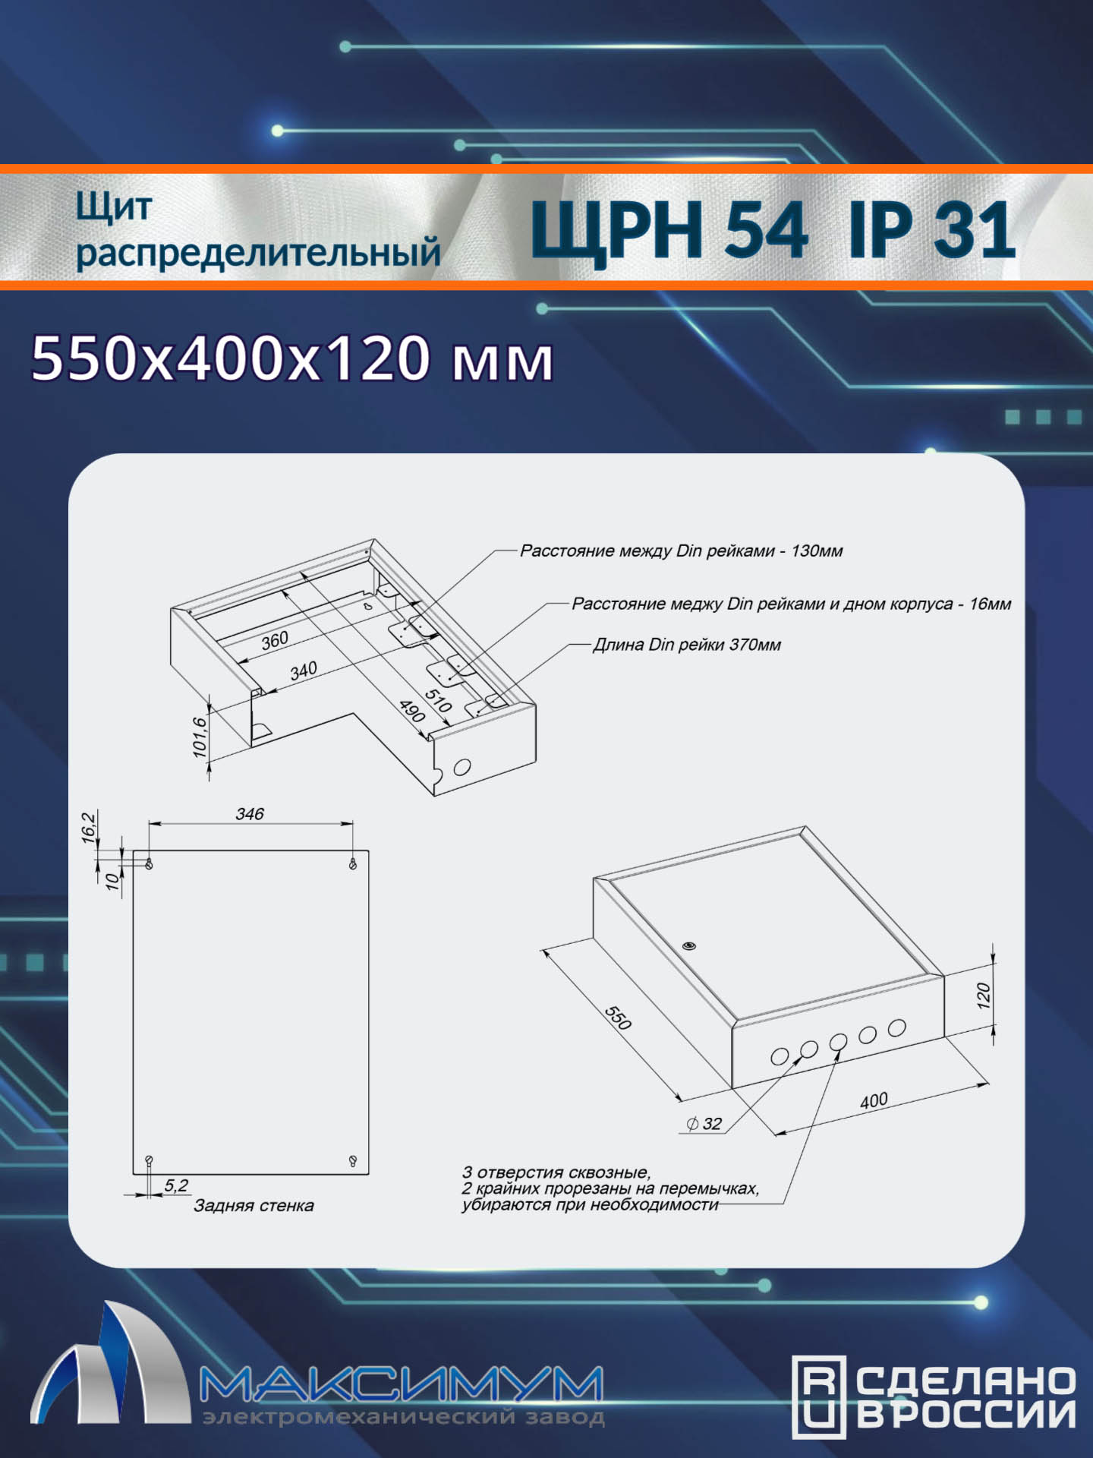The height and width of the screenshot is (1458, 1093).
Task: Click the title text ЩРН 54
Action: (x=669, y=229)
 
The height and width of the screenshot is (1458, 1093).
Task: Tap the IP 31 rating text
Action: (x=932, y=229)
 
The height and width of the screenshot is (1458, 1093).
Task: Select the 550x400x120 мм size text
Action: (x=292, y=358)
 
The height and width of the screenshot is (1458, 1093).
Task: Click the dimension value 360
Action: (x=275, y=640)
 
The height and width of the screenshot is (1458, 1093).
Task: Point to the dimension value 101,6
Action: (x=200, y=737)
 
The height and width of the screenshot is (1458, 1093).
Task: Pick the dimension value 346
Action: (x=250, y=814)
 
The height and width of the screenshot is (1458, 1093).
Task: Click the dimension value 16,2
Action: (x=89, y=827)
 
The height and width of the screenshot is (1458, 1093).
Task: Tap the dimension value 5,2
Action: (x=176, y=1185)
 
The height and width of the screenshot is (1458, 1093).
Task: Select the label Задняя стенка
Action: (x=254, y=1206)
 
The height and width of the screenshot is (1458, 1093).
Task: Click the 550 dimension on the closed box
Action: (x=618, y=1018)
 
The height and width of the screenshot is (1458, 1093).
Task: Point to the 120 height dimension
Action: (x=984, y=996)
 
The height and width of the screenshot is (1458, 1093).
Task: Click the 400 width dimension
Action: (x=874, y=1100)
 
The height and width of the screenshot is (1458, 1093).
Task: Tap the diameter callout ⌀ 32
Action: (x=704, y=1124)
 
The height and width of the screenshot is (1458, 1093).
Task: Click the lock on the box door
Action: (x=689, y=945)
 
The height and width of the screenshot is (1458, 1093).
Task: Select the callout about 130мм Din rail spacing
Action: (x=681, y=551)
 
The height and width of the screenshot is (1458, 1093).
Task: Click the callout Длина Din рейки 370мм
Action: (x=687, y=645)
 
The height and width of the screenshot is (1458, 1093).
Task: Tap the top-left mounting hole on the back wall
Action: (x=150, y=863)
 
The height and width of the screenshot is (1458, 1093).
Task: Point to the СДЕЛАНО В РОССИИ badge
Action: (x=934, y=1397)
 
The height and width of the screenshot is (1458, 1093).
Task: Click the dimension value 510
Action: (x=438, y=700)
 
